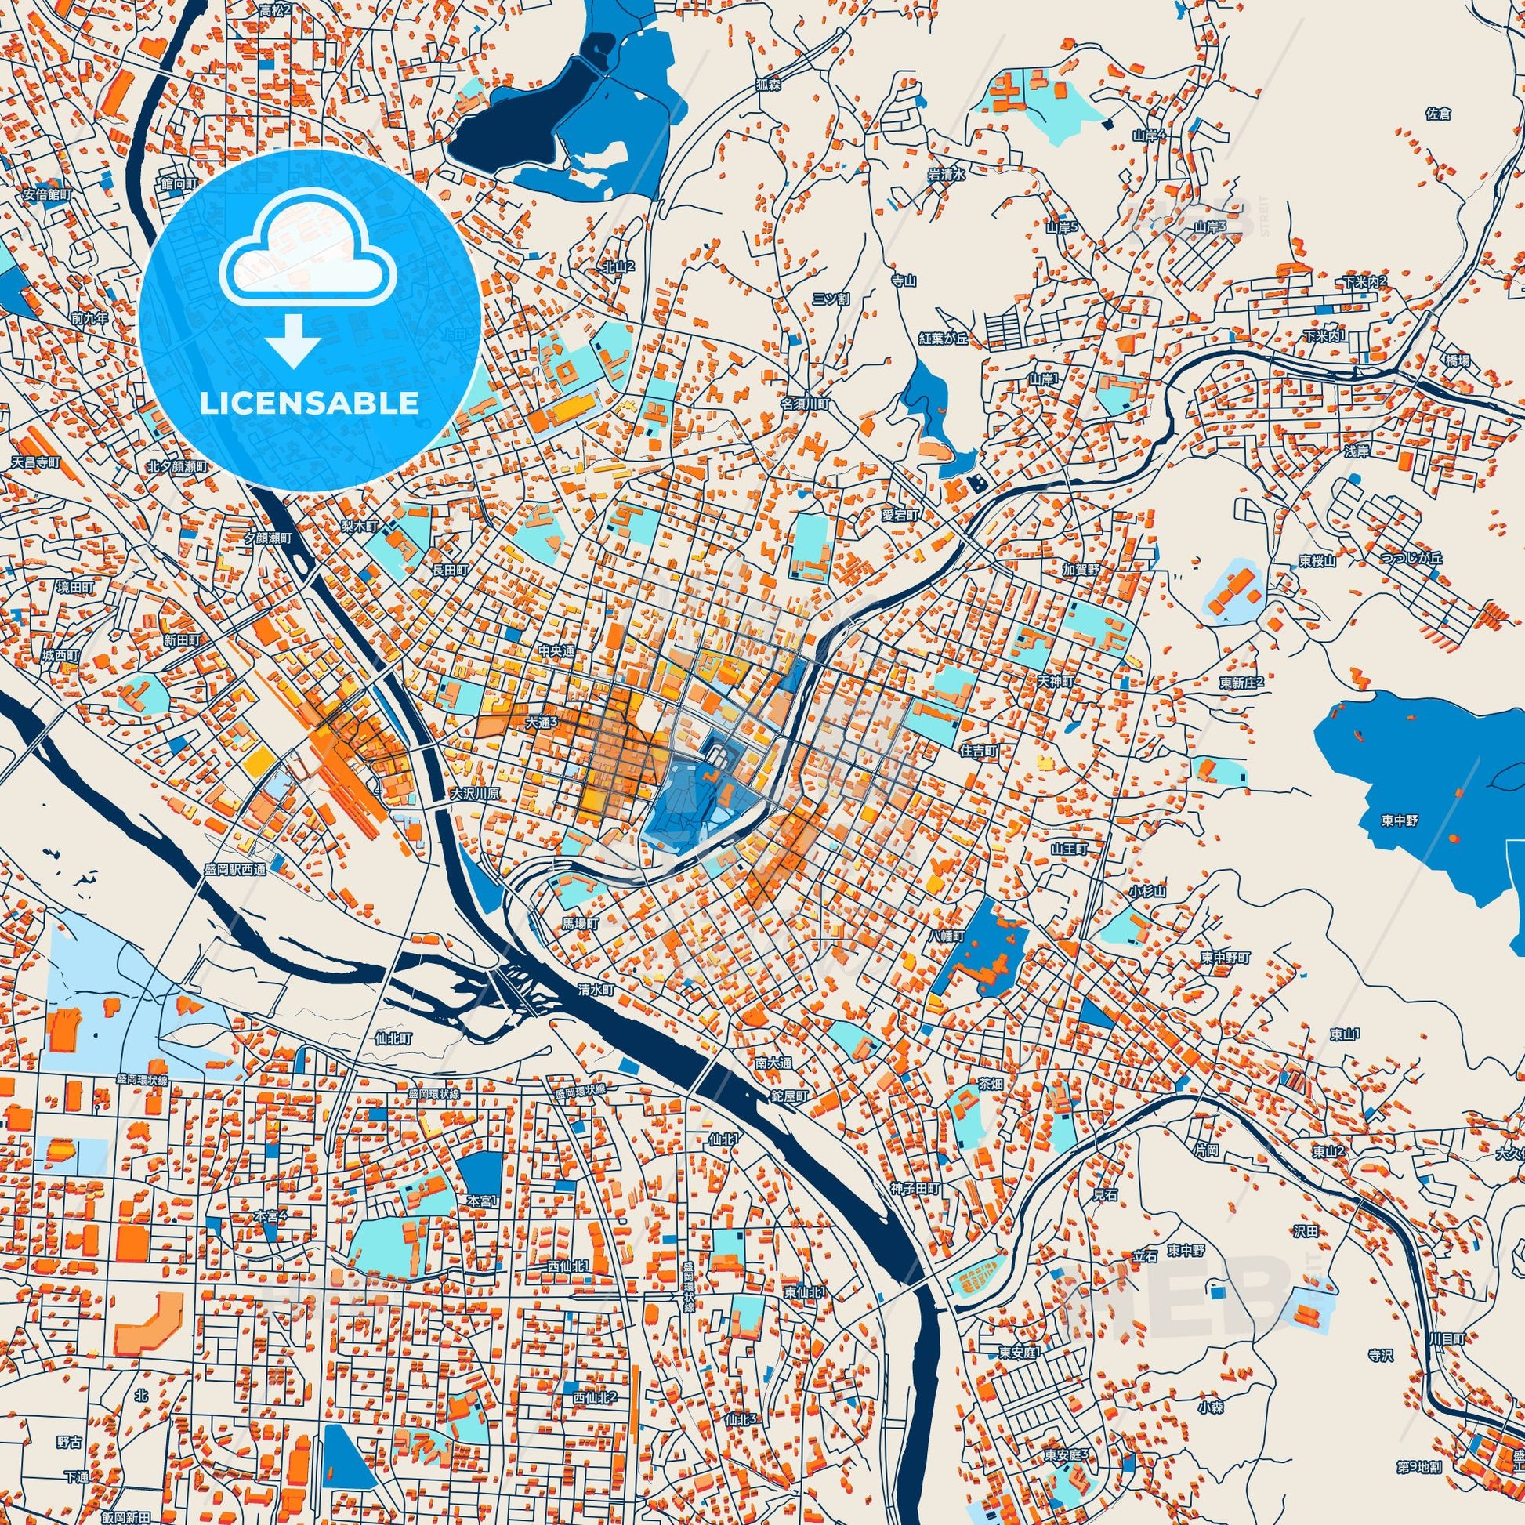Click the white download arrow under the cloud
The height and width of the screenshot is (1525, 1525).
tap(292, 339)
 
